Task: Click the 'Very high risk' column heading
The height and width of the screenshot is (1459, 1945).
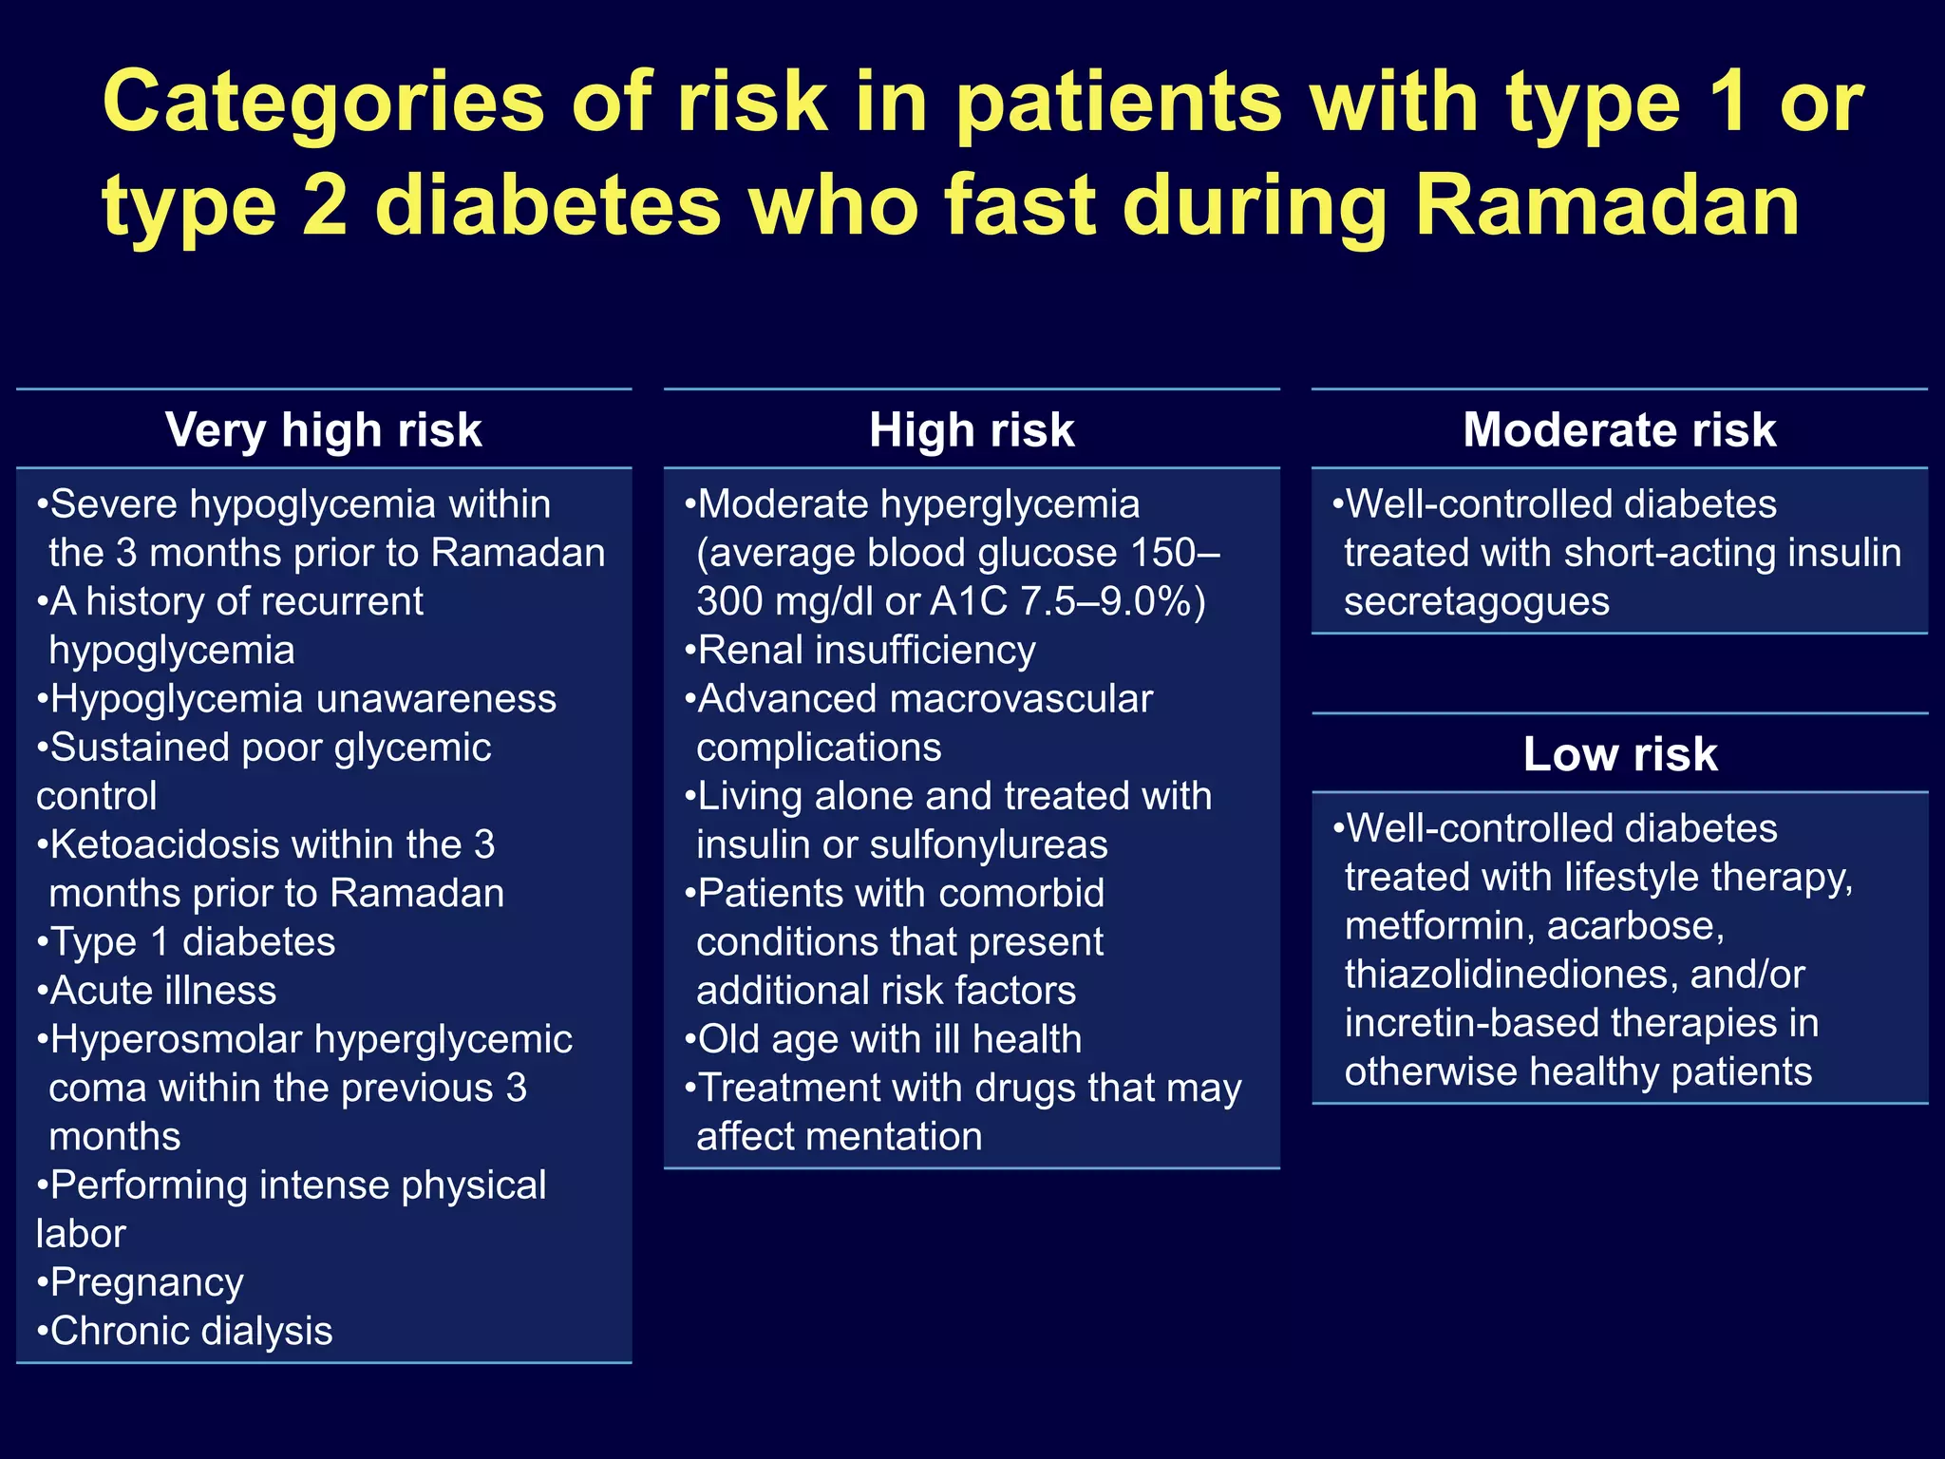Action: tap(323, 430)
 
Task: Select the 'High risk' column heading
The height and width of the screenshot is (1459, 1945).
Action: tap(972, 430)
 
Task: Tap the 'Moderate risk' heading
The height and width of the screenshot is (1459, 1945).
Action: tap(1619, 430)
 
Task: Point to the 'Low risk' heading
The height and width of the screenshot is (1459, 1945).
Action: tap(1620, 754)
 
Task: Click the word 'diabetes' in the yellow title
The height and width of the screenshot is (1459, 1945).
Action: tap(549, 206)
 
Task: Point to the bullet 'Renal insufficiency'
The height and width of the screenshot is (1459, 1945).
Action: tap(865, 651)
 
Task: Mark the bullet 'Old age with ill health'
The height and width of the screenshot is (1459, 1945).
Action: tap(889, 1039)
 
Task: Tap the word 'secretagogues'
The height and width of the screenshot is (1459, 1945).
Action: tap(1477, 601)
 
